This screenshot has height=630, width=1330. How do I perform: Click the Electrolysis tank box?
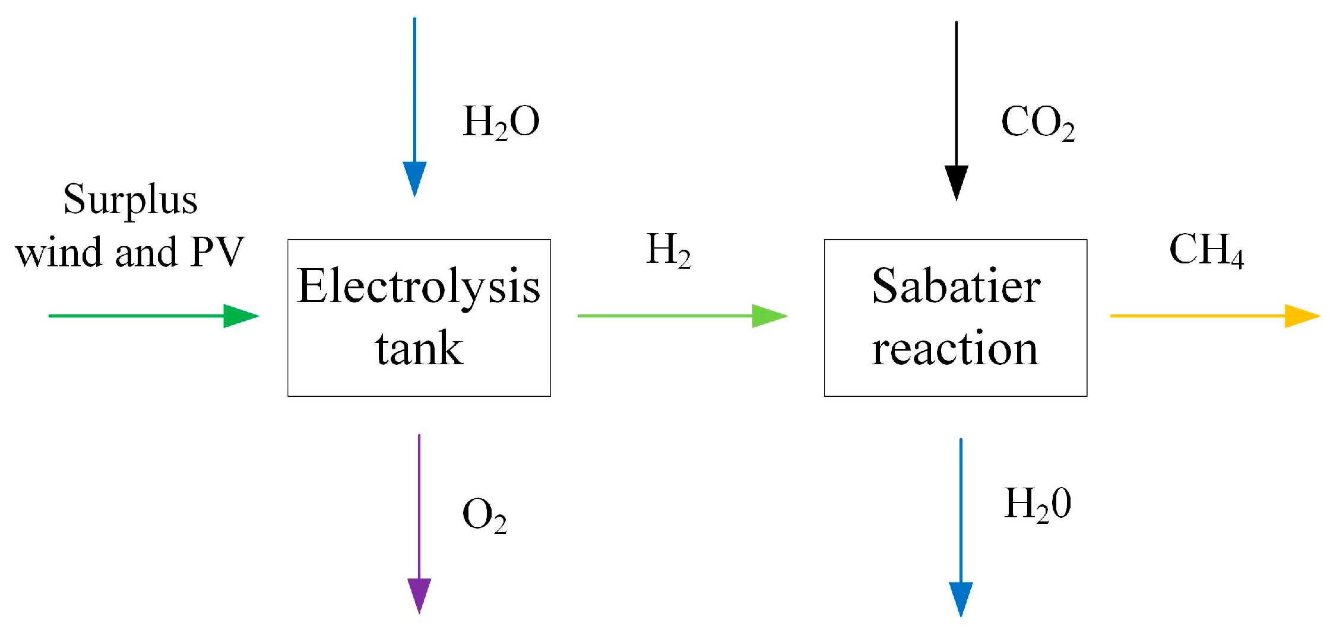tap(419, 317)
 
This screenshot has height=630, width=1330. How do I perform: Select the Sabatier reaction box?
tap(955, 317)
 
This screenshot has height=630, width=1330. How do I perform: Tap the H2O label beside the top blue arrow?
tap(501, 122)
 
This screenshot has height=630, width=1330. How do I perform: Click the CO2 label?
tap(1037, 123)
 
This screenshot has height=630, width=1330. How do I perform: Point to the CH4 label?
tap(1206, 250)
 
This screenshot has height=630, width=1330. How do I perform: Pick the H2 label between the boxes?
tap(668, 250)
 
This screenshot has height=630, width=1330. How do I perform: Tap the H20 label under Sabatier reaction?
tap(1037, 505)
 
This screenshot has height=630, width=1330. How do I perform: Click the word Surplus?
tap(130, 200)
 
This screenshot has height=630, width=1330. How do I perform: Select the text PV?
tap(217, 252)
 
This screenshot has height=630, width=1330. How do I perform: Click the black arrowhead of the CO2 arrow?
tap(957, 181)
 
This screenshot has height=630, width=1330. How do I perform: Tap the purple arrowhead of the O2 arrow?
tap(419, 594)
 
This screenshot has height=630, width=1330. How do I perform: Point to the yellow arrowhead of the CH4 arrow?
tap(1300, 316)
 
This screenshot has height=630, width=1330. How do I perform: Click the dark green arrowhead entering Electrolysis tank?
tap(239, 316)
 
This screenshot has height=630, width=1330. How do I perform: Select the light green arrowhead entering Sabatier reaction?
tap(768, 316)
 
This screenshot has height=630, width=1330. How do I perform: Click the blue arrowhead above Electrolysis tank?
tap(414, 177)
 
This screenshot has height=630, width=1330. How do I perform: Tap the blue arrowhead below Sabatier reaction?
tap(961, 598)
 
